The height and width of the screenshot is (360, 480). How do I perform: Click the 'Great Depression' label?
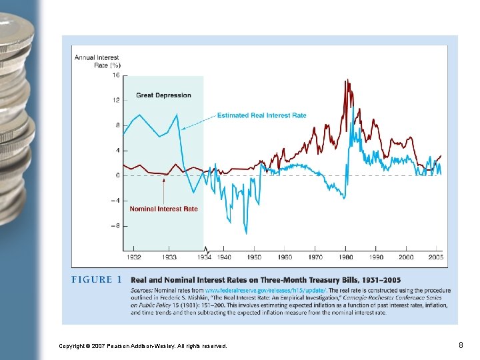(163, 95)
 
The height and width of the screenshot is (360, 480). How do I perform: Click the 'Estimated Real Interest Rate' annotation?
(262, 115)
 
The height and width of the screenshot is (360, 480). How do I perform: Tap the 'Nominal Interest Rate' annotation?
(163, 209)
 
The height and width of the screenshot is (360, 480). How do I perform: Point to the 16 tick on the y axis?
(116, 75)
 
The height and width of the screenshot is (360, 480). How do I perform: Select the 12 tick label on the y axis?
(116, 101)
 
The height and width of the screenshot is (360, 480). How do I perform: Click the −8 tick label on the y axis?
(115, 226)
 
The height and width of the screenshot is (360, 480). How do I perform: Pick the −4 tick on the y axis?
(115, 201)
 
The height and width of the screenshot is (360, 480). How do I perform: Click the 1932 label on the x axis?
(133, 257)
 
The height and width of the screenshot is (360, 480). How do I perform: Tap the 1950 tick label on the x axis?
(254, 257)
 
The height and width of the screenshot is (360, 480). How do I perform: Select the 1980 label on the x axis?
(345, 257)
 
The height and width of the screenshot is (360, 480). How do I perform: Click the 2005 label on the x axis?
(436, 257)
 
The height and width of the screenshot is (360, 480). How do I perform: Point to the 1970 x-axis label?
(315, 257)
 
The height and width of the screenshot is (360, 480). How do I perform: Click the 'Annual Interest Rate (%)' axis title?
(97, 61)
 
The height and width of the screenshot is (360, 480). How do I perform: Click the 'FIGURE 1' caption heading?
(97, 280)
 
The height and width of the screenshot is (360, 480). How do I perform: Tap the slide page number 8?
(461, 345)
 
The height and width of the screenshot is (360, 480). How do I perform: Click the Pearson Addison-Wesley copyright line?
(143, 346)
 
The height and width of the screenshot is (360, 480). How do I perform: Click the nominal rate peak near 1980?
(346, 81)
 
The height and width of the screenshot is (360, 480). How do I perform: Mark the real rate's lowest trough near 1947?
(245, 233)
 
